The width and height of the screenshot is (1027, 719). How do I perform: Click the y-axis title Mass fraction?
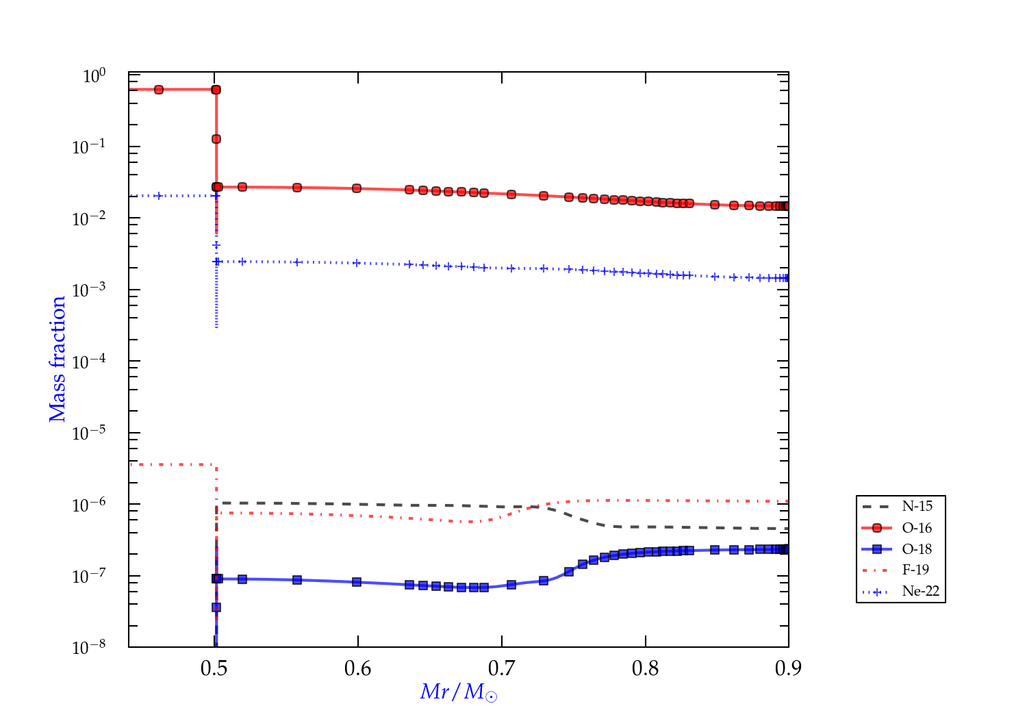pos(58,359)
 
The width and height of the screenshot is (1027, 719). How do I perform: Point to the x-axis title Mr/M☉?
pos(458,692)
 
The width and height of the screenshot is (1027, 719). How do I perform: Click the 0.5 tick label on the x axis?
pos(214,668)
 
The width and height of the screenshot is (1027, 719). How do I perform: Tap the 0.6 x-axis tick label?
pos(358,668)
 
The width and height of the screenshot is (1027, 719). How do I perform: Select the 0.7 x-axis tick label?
pos(502,668)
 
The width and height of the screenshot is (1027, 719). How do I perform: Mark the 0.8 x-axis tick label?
pos(645,668)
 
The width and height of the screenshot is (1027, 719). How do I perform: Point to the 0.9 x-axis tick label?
pos(788,668)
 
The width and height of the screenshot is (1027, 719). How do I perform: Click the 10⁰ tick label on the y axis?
pos(94,76)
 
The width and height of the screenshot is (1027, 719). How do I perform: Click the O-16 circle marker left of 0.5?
pos(159,90)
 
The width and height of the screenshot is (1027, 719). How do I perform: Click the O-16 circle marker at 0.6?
pos(357,188)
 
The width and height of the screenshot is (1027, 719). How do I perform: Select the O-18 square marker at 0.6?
pos(357,582)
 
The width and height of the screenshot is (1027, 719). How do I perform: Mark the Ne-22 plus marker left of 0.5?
pos(159,196)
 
